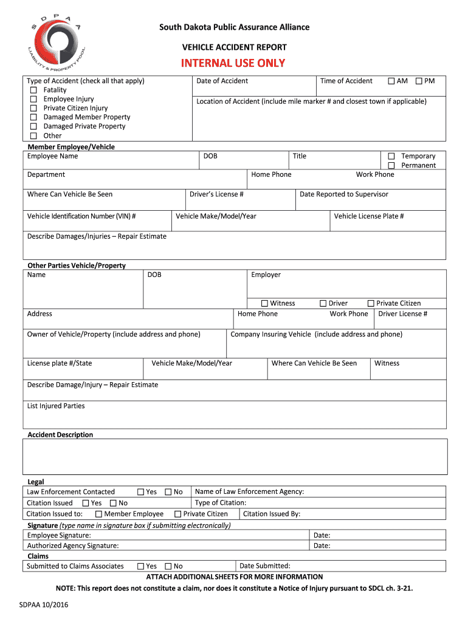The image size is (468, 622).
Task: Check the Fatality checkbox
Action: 34,90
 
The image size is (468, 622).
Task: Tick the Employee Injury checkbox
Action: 34,99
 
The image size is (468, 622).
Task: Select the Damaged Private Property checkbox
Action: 34,126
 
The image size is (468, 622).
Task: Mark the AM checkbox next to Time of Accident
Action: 391,81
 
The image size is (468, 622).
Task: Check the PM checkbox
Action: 419,81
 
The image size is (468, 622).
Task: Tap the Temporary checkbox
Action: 391,157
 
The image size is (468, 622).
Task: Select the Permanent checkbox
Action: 391,166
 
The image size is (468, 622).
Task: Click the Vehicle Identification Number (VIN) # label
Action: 81,216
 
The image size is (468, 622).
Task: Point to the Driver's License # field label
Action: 216,194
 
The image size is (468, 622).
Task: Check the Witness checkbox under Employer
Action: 264,304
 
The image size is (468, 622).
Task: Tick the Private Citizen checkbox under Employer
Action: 371,304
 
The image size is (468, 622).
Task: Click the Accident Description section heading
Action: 60,435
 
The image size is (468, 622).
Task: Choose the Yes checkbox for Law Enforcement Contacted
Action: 140,492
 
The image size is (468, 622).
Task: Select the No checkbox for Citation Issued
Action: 113,503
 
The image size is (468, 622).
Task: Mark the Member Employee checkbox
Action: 98,514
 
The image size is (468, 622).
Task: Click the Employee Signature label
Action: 59,535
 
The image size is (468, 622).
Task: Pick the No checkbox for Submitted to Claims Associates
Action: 168,566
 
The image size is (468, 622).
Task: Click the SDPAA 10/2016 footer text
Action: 44,605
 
